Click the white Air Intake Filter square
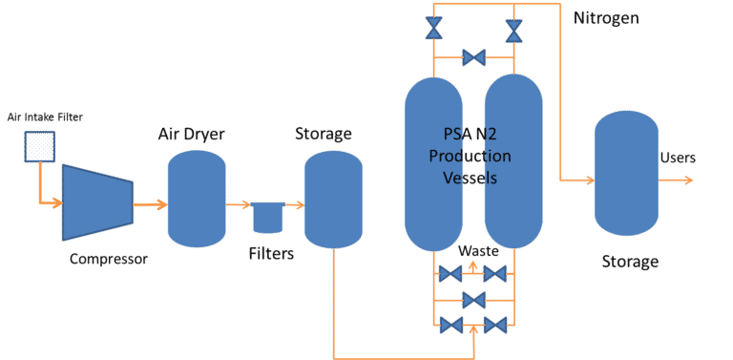coord(39,147)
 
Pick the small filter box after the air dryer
coord(266,217)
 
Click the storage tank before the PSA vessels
coord(332,200)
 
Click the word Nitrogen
coord(606,19)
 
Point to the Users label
coord(678,158)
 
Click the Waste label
coord(478,251)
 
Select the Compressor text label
coord(109,258)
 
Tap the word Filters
coord(271,254)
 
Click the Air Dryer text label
coord(191,134)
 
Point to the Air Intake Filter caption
coord(44,116)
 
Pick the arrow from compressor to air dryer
coord(149,204)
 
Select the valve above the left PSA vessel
coord(435,29)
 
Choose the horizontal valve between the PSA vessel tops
coord(473,59)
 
